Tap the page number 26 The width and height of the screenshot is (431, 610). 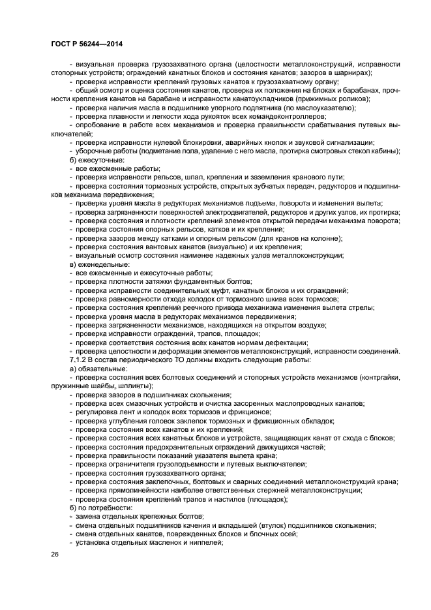pyautogui.click(x=55, y=554)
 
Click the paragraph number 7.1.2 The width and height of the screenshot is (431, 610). pyautogui.click(x=80, y=359)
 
